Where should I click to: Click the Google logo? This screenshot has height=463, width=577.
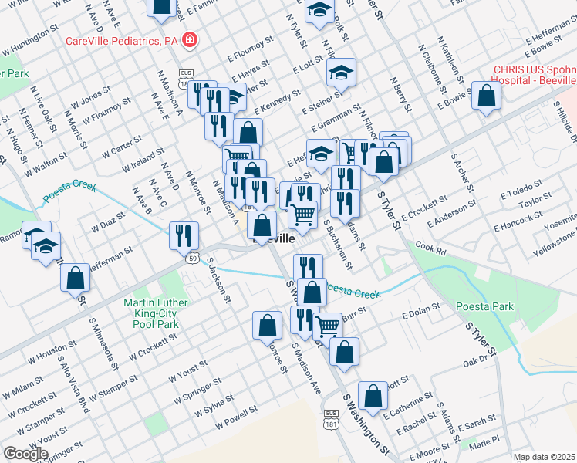(26, 453)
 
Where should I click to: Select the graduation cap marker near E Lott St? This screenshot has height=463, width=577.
(340, 73)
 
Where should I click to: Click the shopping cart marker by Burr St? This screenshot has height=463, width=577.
(328, 326)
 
